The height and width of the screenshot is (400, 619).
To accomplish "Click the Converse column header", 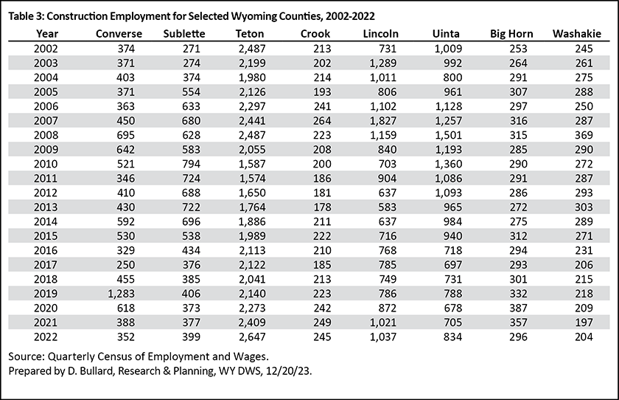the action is [119, 34].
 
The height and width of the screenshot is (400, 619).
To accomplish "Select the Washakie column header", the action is [577, 34].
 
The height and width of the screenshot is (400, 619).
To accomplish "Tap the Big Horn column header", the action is [511, 34].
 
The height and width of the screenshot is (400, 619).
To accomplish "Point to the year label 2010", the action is [46, 164].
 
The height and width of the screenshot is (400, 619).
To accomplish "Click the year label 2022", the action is [46, 337].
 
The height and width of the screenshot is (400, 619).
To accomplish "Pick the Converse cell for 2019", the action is [121, 294].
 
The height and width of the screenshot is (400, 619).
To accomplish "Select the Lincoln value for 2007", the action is [383, 121].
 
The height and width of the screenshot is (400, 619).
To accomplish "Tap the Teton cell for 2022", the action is [252, 337].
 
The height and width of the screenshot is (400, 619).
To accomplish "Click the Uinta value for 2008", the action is [449, 135].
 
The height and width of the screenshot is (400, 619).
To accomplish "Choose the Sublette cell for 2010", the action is [191, 164].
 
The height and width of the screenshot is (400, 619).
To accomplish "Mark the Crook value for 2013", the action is [322, 207].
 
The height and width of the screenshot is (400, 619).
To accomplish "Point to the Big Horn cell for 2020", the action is [518, 308].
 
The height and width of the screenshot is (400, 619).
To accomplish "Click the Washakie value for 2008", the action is [584, 135].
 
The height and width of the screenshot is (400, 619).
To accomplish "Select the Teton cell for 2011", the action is [252, 179].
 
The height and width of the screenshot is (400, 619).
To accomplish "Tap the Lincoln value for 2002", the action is [388, 49].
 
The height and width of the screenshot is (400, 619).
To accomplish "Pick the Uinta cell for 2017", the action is [452, 265].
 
